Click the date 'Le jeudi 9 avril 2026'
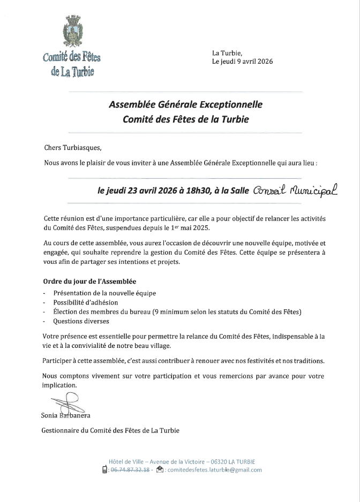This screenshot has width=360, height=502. pos(243,62)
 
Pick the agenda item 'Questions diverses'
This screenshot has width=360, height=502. pos(81,322)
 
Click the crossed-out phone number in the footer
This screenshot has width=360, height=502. pos(130,470)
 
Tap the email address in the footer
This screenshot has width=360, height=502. pos(214,470)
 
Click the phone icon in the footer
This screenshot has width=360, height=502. pos(104,470)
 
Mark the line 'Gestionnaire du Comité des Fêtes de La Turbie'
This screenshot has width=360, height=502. pos(110,430)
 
